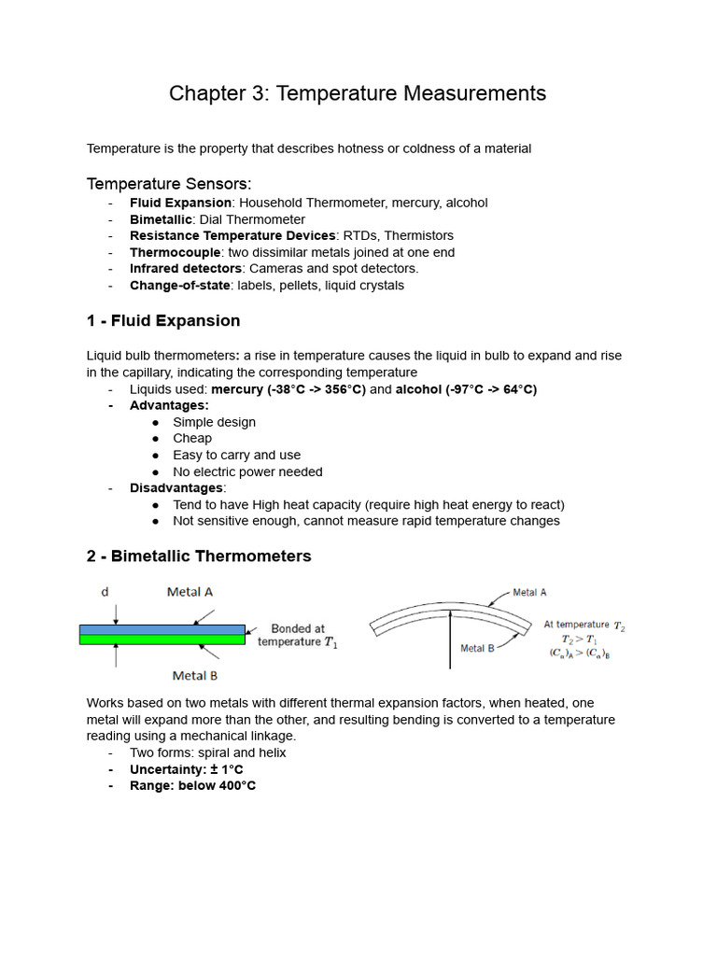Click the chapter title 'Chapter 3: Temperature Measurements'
(x=358, y=93)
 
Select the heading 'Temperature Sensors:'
(x=169, y=183)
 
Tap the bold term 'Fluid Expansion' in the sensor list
(x=180, y=203)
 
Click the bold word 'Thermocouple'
(x=175, y=252)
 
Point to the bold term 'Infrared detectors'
(x=185, y=269)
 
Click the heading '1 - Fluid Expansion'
(x=163, y=321)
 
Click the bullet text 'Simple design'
(x=214, y=422)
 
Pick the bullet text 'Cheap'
(x=192, y=438)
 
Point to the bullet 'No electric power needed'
(x=247, y=471)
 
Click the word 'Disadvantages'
(x=176, y=487)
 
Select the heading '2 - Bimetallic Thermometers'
(x=199, y=556)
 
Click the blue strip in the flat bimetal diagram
(x=162, y=630)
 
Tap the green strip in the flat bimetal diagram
(x=162, y=640)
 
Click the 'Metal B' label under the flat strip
(x=195, y=675)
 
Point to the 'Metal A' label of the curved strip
(x=529, y=593)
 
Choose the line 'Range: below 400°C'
(x=192, y=786)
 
